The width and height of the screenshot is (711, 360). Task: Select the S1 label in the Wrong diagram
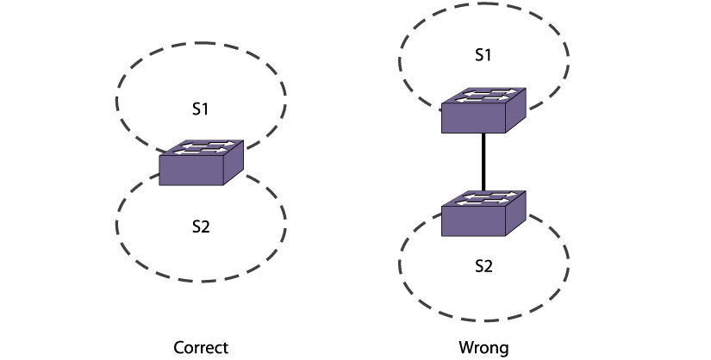point(483,54)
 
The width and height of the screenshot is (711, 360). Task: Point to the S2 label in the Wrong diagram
point(483,265)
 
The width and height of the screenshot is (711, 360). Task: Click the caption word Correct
point(201,348)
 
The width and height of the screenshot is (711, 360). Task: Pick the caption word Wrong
point(483,348)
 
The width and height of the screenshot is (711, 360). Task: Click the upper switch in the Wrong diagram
point(483,109)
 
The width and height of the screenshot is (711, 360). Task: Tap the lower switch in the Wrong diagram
point(483,214)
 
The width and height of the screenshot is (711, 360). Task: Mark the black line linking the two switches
point(483,164)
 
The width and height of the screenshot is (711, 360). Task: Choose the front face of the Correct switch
point(191,171)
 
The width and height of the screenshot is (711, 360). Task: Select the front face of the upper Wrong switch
point(473,118)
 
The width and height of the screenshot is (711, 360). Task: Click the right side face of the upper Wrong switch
point(515,112)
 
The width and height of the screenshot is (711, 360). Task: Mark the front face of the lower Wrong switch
point(473,222)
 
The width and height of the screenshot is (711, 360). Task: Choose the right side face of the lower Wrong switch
point(515,216)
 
